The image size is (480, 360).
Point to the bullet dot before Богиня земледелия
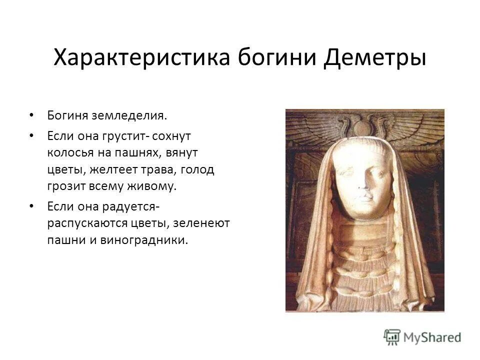pos(32,115)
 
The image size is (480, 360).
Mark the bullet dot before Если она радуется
pos(32,205)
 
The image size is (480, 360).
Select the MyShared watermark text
pos(432,337)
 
